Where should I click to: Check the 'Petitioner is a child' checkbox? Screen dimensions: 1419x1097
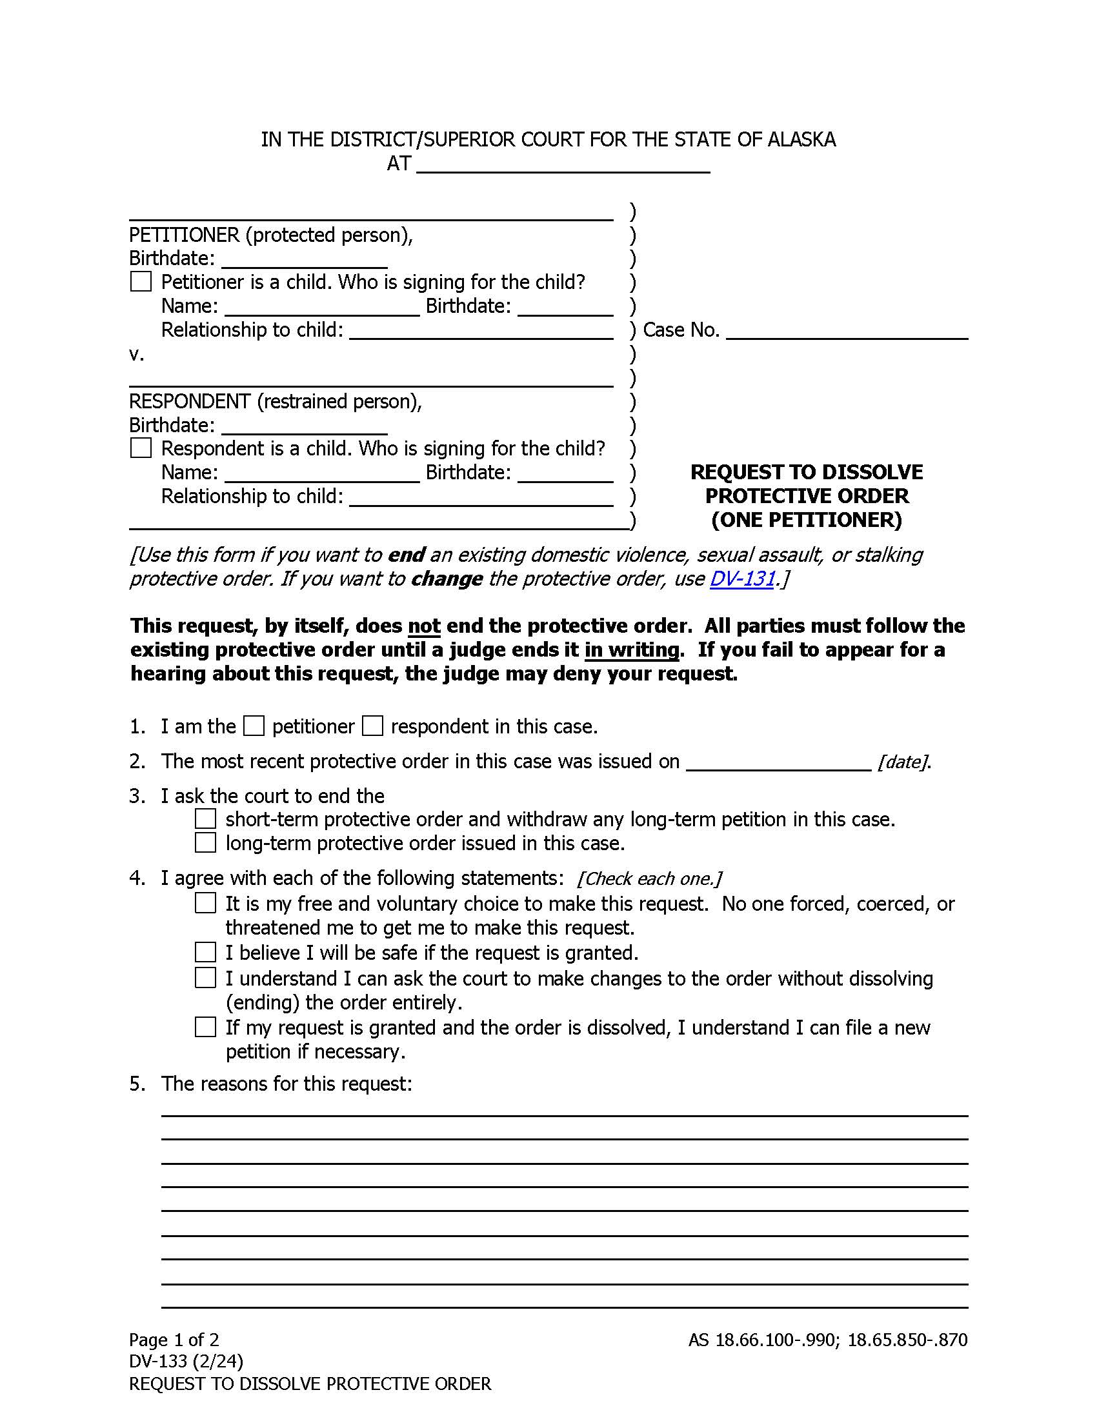141,282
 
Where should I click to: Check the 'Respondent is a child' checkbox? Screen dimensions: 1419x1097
141,448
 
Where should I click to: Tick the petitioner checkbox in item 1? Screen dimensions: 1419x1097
254,726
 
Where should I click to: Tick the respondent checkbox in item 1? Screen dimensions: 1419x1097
372,726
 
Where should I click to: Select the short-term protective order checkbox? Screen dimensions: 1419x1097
205,819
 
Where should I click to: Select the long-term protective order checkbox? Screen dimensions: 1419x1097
205,843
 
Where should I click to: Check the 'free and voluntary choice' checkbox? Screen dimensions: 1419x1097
205,903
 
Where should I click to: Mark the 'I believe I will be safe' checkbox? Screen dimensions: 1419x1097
205,953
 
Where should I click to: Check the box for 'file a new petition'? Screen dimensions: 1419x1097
205,1027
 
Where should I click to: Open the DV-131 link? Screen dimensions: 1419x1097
742,579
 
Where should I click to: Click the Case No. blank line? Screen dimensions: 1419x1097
846,332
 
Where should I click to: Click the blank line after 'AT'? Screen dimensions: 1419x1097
562,165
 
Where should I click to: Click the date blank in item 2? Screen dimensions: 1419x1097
778,762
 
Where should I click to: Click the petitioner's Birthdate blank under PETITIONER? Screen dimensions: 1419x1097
304,260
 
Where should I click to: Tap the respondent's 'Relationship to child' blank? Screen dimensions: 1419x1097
481,498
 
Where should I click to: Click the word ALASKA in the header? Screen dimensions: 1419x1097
801,140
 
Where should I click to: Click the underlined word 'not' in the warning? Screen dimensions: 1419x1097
424,626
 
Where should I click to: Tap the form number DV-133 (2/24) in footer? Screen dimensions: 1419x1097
186,1360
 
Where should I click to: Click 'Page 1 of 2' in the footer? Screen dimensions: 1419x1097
174,1339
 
